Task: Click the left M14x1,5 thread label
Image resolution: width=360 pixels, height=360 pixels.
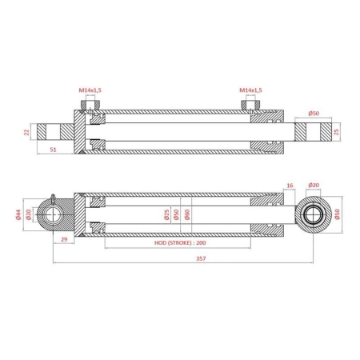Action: (90, 90)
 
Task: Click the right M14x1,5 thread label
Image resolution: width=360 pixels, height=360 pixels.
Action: (250, 90)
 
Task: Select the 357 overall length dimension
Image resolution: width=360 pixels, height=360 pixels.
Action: (201, 258)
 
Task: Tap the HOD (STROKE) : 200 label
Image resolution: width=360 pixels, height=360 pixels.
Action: (180, 242)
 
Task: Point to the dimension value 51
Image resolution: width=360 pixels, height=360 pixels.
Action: (54, 150)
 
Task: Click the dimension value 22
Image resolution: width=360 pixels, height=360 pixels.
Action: (26, 132)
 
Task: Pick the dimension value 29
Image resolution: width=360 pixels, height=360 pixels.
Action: (64, 239)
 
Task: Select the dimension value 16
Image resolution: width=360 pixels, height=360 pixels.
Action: (290, 186)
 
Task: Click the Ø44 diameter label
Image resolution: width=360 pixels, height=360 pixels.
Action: (18, 214)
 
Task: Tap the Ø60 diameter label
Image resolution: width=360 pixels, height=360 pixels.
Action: (187, 214)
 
